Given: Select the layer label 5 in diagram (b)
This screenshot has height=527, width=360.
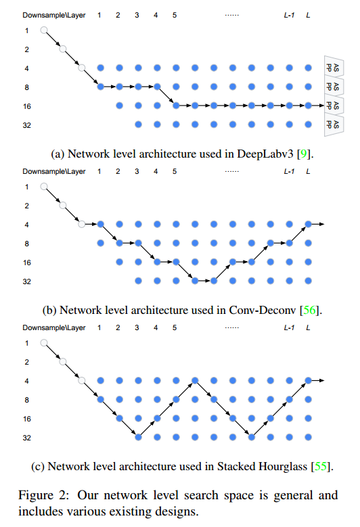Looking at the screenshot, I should [175, 171].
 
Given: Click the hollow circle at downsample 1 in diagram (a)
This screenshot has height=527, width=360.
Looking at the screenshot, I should [44, 30].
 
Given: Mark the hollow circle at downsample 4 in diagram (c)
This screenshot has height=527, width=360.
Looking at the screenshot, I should [82, 380].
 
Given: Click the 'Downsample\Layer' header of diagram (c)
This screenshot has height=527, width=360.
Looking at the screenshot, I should [54, 327].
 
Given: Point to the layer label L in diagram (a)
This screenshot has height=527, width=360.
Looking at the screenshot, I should [309, 14].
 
